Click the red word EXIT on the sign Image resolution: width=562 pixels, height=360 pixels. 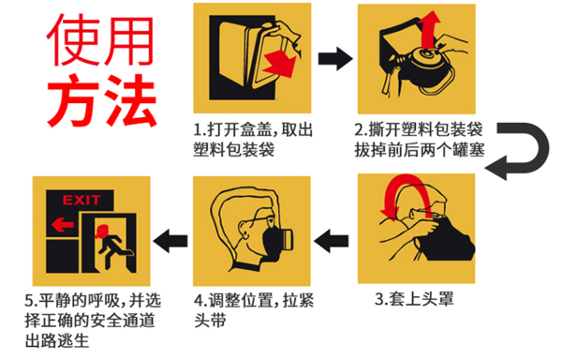pyautogui.click(x=81, y=200)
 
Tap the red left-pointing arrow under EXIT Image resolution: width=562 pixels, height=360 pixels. pyautogui.click(x=63, y=225)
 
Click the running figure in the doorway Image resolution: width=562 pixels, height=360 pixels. pyautogui.click(x=111, y=246)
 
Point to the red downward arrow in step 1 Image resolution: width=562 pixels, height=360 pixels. pyautogui.click(x=280, y=64)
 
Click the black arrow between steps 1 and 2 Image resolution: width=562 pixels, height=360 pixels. pyautogui.click(x=335, y=58)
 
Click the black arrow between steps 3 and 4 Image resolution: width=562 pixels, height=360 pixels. pyautogui.click(x=332, y=241)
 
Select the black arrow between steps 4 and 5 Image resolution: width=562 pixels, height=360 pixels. pyautogui.click(x=170, y=241)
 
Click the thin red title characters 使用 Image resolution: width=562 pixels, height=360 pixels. pyautogui.click(x=100, y=40)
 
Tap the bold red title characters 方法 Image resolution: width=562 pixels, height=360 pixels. pyautogui.click(x=101, y=100)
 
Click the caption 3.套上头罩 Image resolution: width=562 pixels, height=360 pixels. pyautogui.click(x=414, y=299)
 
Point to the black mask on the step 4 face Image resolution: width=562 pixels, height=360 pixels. pyautogui.click(x=273, y=241)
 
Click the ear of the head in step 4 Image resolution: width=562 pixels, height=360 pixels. pyautogui.click(x=244, y=230)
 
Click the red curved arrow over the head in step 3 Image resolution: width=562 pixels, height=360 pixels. pyautogui.click(x=405, y=179)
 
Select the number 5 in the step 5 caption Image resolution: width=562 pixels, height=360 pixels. pyautogui.click(x=29, y=301)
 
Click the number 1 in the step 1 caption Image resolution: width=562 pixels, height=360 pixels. pyautogui.click(x=198, y=129)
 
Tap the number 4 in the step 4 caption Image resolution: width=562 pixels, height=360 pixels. pyautogui.click(x=199, y=301)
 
